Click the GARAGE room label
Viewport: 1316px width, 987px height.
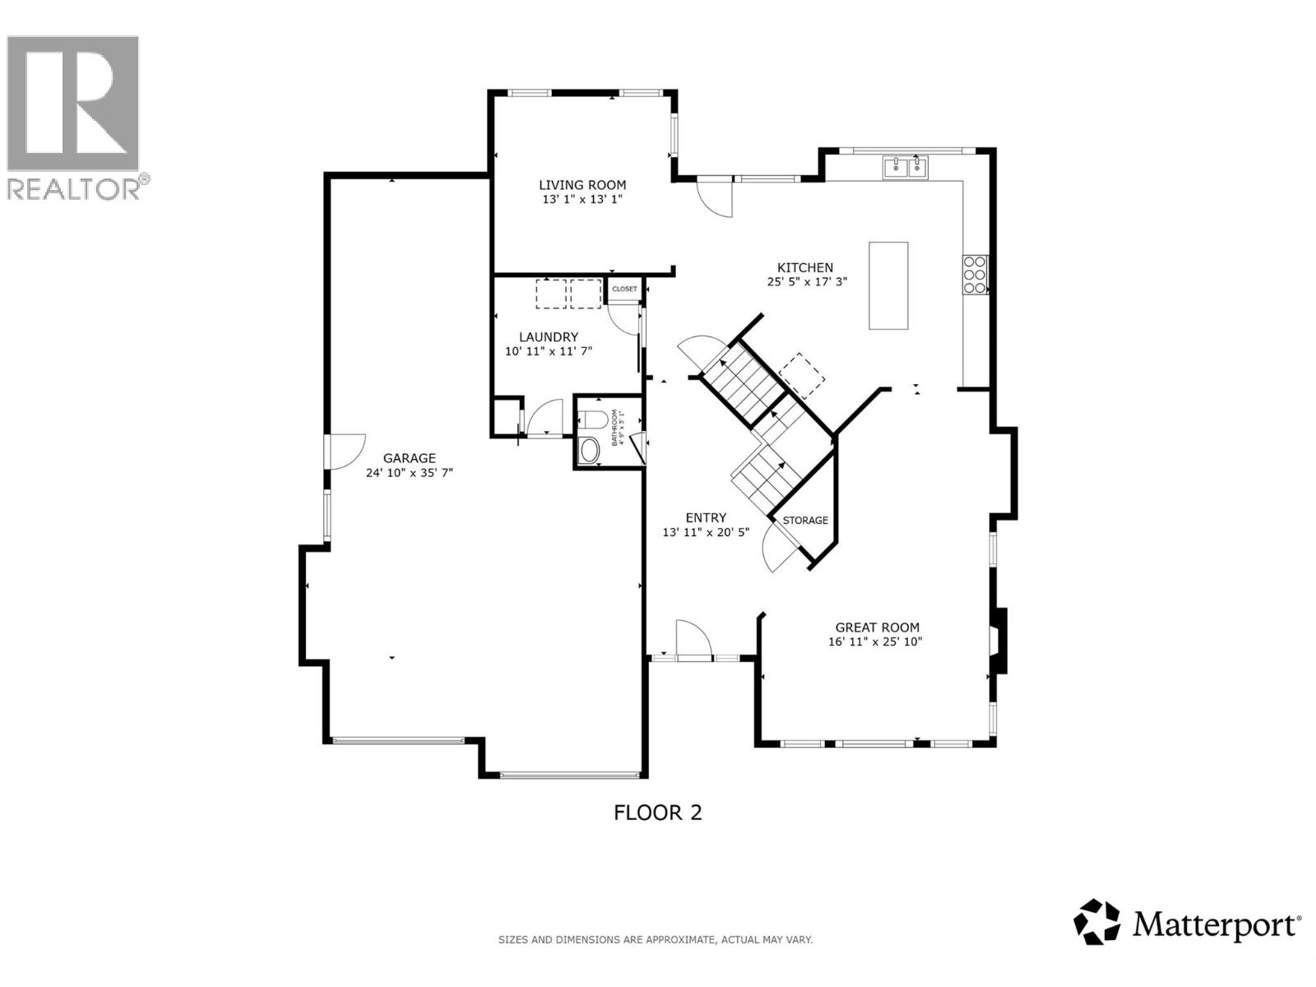click(x=409, y=458)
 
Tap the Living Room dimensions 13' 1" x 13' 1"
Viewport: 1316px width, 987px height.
click(x=582, y=199)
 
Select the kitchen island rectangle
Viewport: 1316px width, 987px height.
click(x=888, y=285)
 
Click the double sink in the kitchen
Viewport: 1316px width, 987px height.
click(x=905, y=167)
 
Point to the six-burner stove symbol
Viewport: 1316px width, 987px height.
click(x=975, y=275)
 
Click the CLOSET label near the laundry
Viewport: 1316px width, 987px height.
click(x=624, y=290)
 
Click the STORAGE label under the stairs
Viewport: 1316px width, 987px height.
click(x=805, y=521)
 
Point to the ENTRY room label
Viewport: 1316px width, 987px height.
click(x=706, y=517)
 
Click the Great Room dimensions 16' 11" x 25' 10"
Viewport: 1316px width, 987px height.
click(x=876, y=642)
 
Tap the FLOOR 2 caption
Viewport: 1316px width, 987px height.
click(x=658, y=813)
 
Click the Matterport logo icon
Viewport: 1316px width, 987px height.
click(x=1097, y=921)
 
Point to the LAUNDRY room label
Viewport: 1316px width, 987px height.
click(x=549, y=336)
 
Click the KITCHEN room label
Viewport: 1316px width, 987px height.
click(x=805, y=267)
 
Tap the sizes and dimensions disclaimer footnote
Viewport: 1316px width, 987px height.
click(x=656, y=939)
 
